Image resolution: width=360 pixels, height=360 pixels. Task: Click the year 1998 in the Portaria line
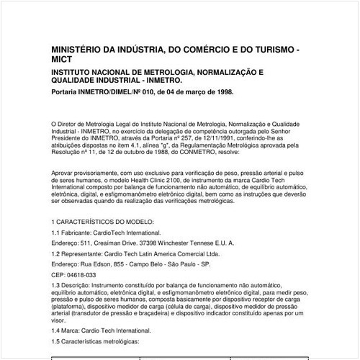pyautogui.click(x=223, y=93)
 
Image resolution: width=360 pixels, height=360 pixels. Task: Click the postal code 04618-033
pyautogui.click(x=81, y=275)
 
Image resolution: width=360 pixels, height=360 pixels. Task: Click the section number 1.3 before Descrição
pyautogui.click(x=57, y=287)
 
